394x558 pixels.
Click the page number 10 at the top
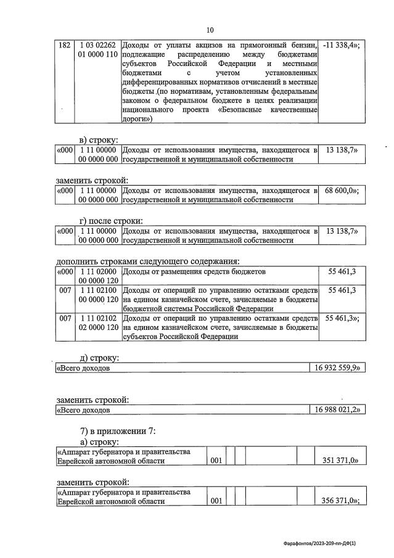210,30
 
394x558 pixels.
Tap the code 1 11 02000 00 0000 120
97,275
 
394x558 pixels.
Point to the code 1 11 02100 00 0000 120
97,294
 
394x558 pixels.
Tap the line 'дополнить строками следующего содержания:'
148,261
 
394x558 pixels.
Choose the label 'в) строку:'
102,139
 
